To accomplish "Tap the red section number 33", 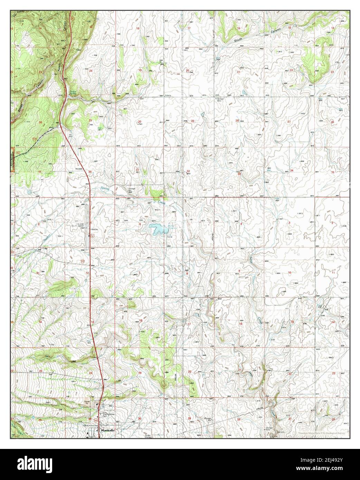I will point(239,174).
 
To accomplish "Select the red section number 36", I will point(90,172).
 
